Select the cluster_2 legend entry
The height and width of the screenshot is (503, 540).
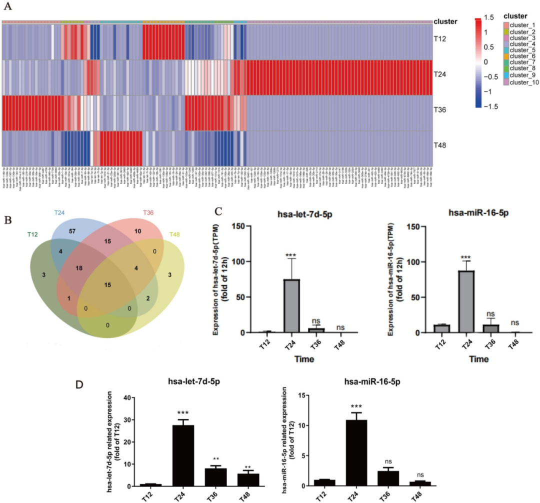(x=514, y=31)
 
